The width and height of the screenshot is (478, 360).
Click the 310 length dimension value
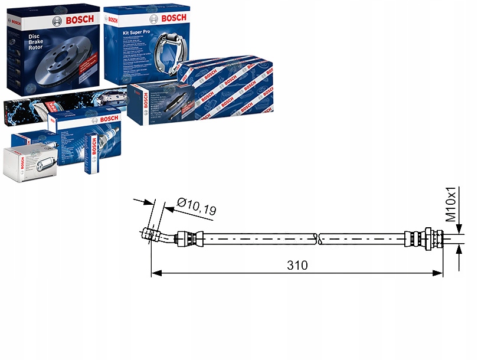point(297,265)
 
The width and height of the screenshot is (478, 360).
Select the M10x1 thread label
point(451,204)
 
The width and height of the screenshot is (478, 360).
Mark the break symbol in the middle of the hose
point(318,239)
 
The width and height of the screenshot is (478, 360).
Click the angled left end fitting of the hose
point(157,235)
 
